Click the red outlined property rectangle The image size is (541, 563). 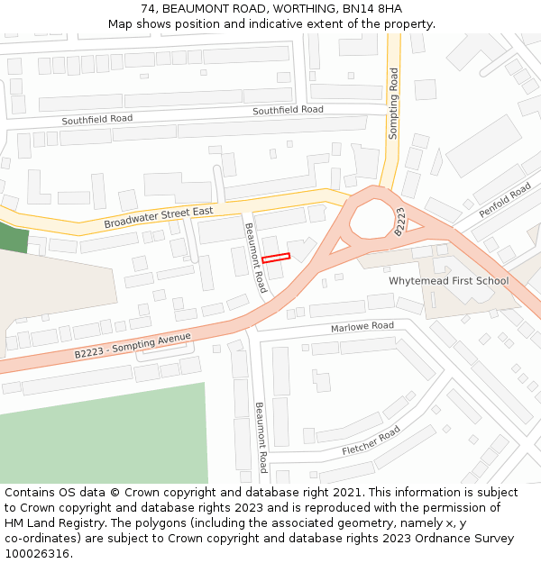pyautogui.click(x=276, y=258)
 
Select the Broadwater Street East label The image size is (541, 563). pyautogui.click(x=158, y=217)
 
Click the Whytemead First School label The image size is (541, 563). pyautogui.click(x=448, y=281)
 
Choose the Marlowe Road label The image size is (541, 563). pyautogui.click(x=362, y=326)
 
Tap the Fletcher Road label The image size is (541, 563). pyautogui.click(x=371, y=440)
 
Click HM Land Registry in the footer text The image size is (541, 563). pyautogui.click(x=45, y=523)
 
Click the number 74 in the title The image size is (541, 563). pyautogui.click(x=148, y=9)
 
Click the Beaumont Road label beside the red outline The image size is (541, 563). pyautogui.click(x=256, y=258)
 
